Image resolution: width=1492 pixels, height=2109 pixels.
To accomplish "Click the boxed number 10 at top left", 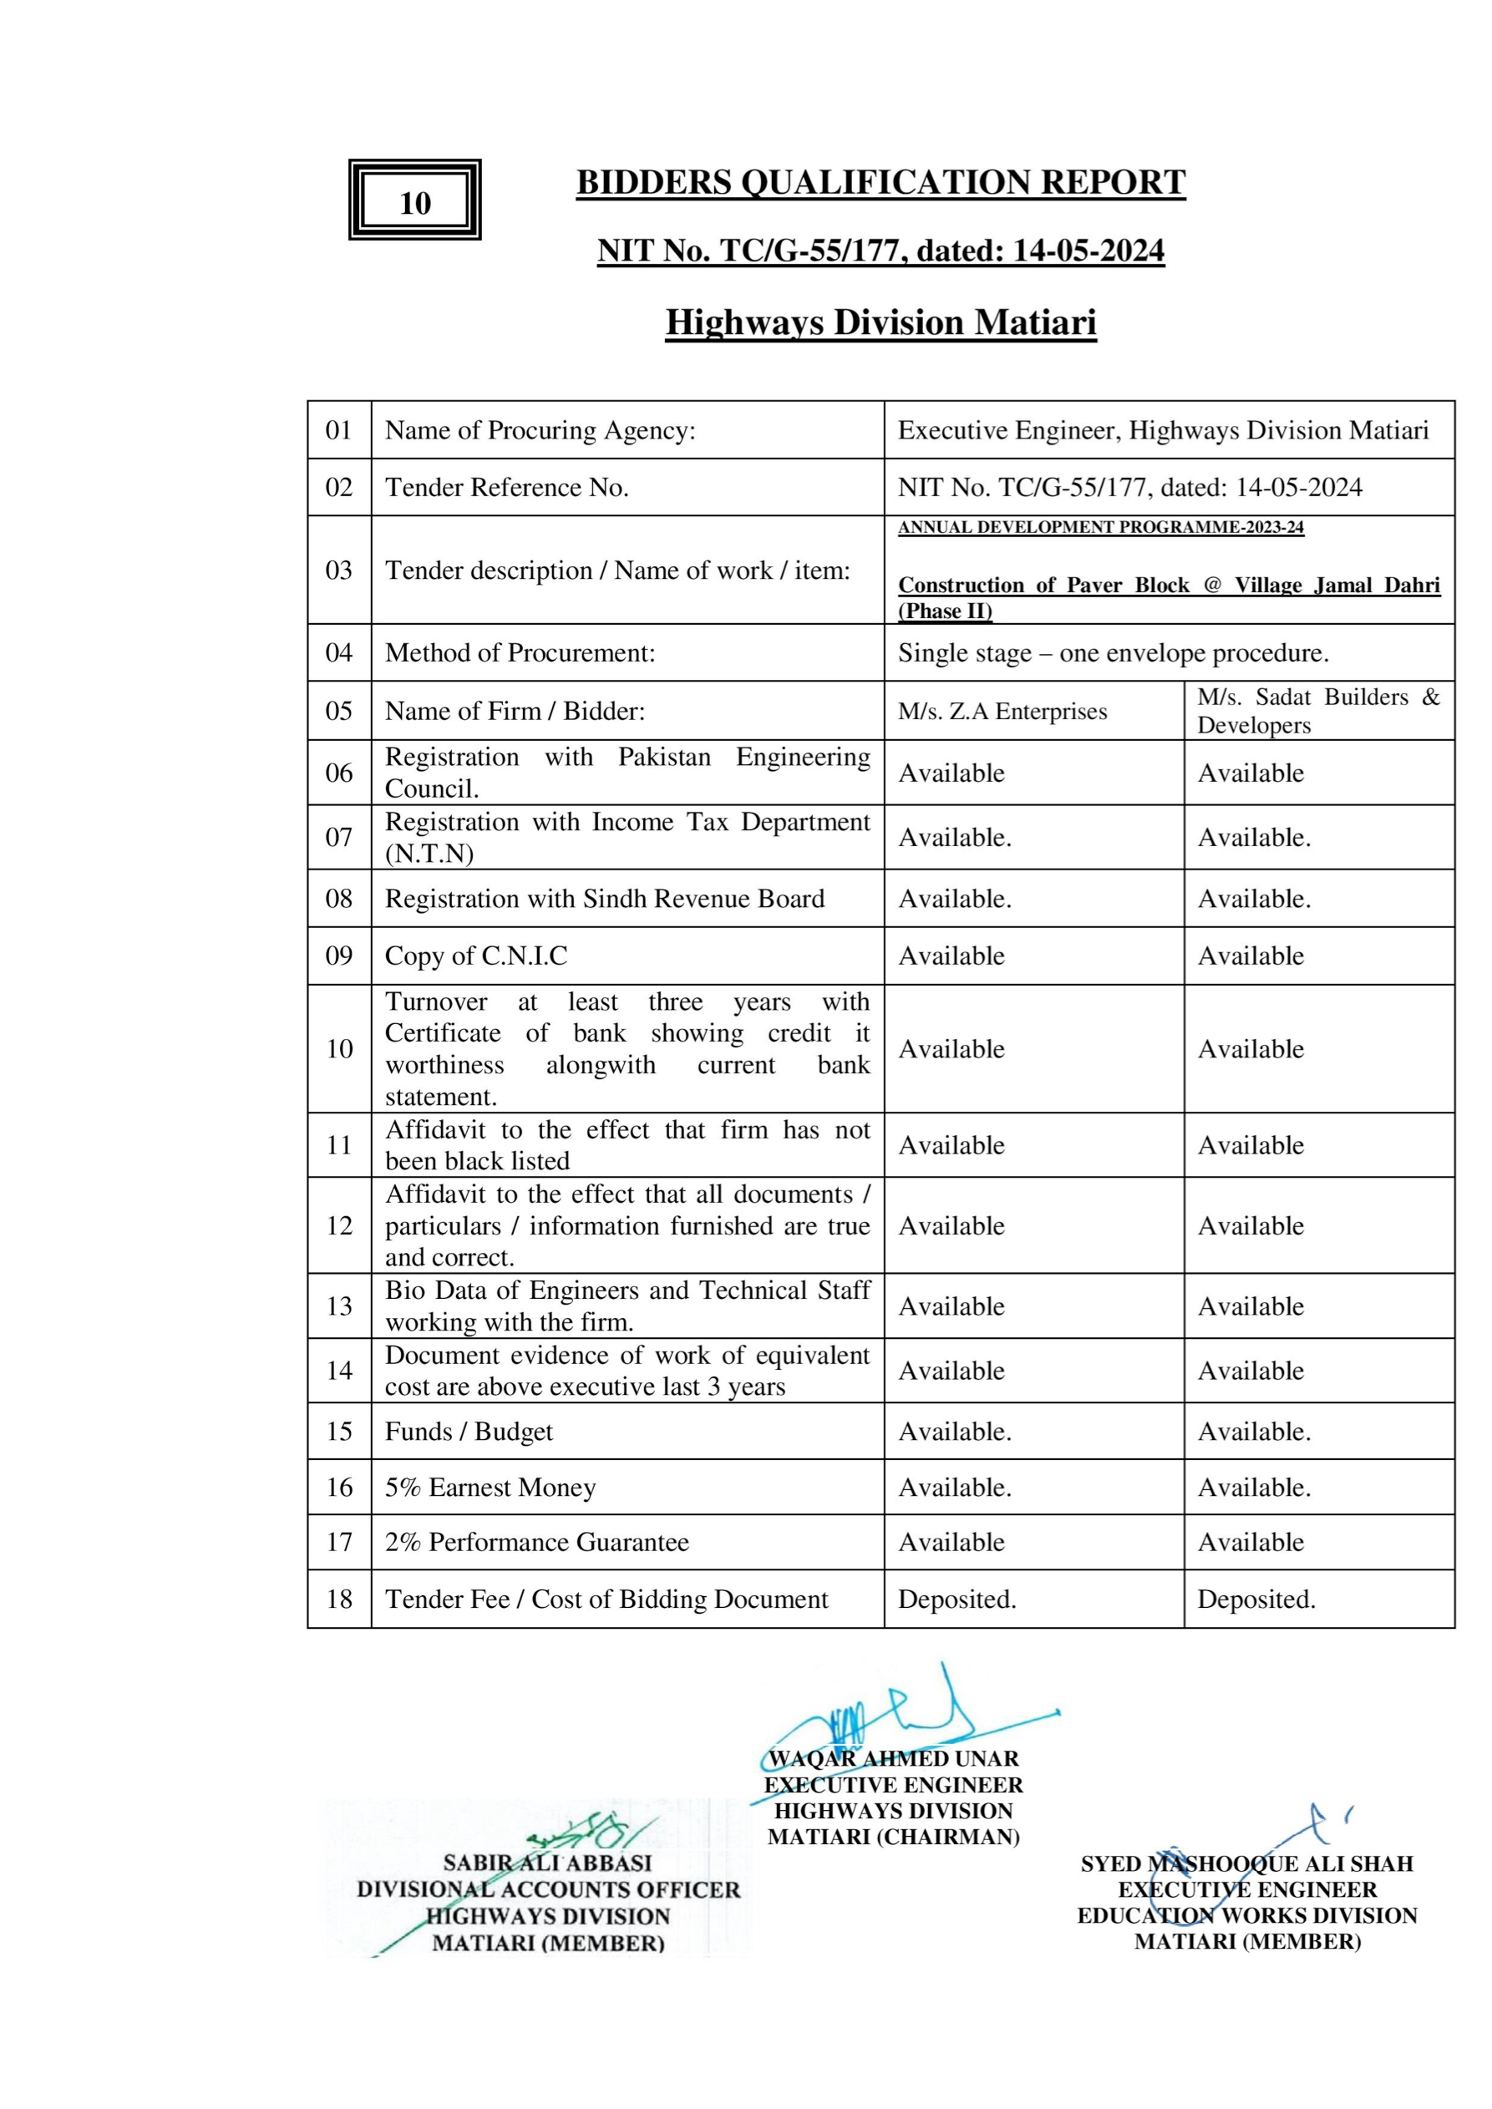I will coord(414,202).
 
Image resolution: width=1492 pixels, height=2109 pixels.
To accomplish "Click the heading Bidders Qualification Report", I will coord(880,182).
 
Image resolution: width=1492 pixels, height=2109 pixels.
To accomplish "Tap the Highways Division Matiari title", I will coord(880,322).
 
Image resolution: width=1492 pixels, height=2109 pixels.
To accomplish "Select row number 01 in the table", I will coord(339,430).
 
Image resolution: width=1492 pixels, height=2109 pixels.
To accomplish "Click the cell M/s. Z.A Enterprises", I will coord(1002,711).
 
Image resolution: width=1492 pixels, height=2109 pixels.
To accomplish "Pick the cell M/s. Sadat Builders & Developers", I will coord(1317,711).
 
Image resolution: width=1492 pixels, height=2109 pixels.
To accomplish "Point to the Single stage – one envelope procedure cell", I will coord(1113,653).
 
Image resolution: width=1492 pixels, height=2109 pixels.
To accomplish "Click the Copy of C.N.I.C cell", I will coord(476,956).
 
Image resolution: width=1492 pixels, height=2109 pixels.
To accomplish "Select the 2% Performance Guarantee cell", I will coord(536,1542).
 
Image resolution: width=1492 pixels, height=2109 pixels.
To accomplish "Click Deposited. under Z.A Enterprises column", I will coord(957,1599).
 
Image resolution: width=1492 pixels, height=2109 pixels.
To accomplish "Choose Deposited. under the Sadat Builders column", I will coord(1256,1599).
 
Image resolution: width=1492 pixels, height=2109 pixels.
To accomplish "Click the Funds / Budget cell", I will coord(469,1431).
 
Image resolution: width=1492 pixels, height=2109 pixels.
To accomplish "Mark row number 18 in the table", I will coord(339,1599).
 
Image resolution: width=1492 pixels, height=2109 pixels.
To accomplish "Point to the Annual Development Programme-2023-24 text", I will coord(1101,527).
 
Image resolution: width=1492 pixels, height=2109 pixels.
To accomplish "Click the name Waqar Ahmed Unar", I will coord(893,1758).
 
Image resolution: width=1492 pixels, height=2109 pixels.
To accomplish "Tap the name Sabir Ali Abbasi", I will coord(546,1863).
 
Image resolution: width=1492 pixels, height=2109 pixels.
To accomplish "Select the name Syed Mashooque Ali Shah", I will coord(1246,1863).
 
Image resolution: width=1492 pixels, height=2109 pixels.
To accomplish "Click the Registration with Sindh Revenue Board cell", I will coord(605,899).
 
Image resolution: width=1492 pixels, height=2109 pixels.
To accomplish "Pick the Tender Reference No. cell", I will coord(506,487).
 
